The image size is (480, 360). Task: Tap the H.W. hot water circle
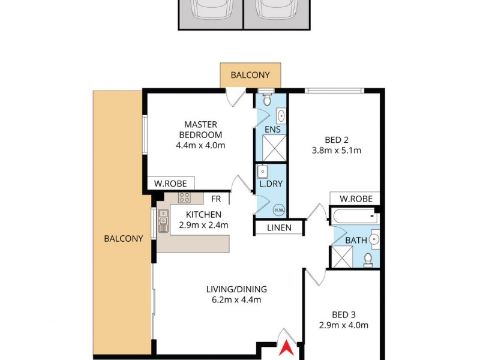point(278,209)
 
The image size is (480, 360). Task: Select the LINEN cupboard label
point(279,227)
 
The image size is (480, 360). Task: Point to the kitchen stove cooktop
point(184,198)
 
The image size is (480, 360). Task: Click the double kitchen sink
point(163,221)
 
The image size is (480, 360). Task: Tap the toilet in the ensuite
point(268,98)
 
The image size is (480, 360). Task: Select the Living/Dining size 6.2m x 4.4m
point(234,300)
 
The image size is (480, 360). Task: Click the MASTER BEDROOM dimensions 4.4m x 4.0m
point(200,145)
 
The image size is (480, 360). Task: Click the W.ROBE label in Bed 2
point(355,199)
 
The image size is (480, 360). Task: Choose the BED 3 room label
point(344,314)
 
